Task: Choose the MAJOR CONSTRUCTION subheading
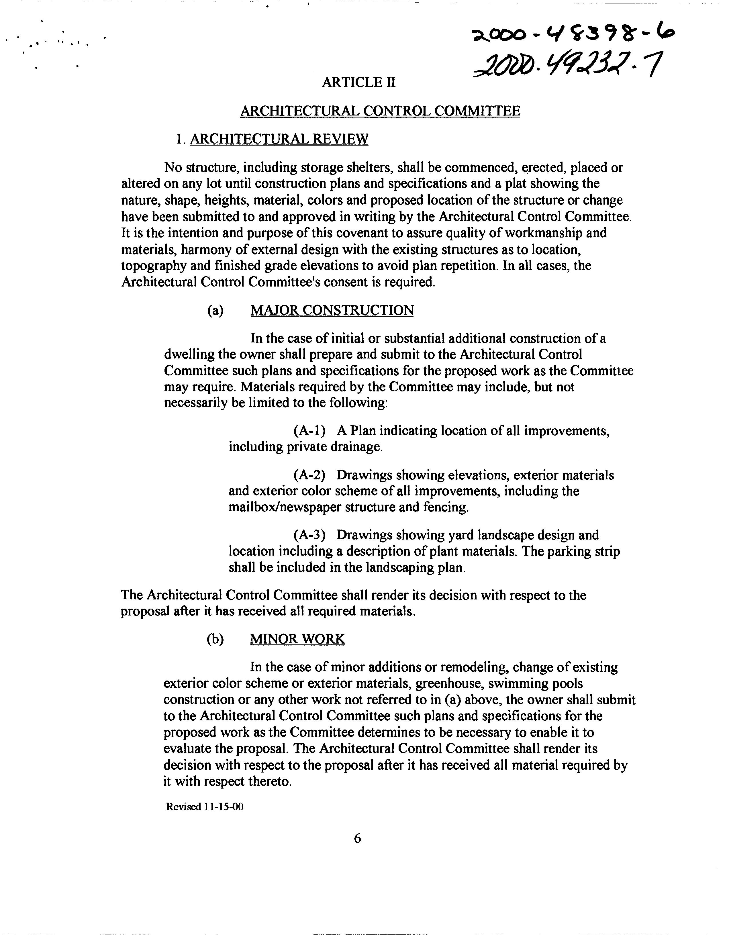pyautogui.click(x=332, y=310)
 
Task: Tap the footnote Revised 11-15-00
pyautogui.click(x=205, y=807)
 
